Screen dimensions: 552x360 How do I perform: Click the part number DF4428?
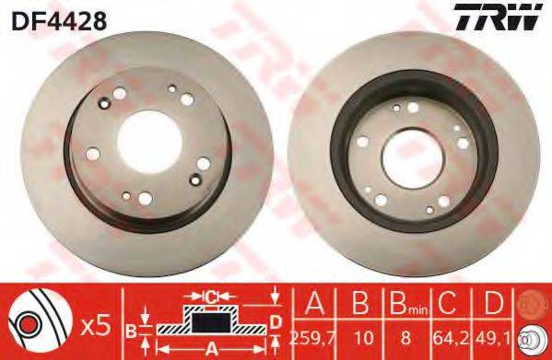pyautogui.click(x=59, y=21)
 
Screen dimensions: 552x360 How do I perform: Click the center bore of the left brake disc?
pyautogui.click(x=149, y=142)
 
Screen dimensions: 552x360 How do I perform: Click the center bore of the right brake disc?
pyautogui.click(x=413, y=158)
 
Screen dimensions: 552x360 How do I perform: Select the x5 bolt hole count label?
pyautogui.click(x=96, y=325)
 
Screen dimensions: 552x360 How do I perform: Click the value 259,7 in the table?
pyautogui.click(x=313, y=338)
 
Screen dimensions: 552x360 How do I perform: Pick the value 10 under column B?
pyautogui.click(x=363, y=338)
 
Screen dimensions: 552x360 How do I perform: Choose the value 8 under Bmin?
pyautogui.click(x=405, y=338)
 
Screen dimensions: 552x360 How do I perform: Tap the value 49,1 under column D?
pyautogui.click(x=494, y=338)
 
